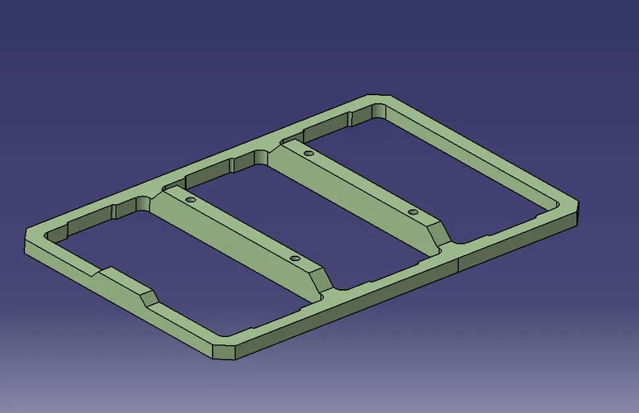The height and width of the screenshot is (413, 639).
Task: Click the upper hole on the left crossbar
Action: click(x=190, y=199)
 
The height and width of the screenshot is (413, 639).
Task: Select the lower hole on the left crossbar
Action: click(x=294, y=258)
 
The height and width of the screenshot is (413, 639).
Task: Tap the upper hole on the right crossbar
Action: click(x=308, y=153)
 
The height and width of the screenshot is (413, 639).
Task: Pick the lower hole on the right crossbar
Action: click(x=413, y=212)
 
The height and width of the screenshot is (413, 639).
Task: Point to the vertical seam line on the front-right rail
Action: click(x=458, y=263)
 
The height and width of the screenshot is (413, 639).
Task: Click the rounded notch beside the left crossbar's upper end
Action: click(x=145, y=202)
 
